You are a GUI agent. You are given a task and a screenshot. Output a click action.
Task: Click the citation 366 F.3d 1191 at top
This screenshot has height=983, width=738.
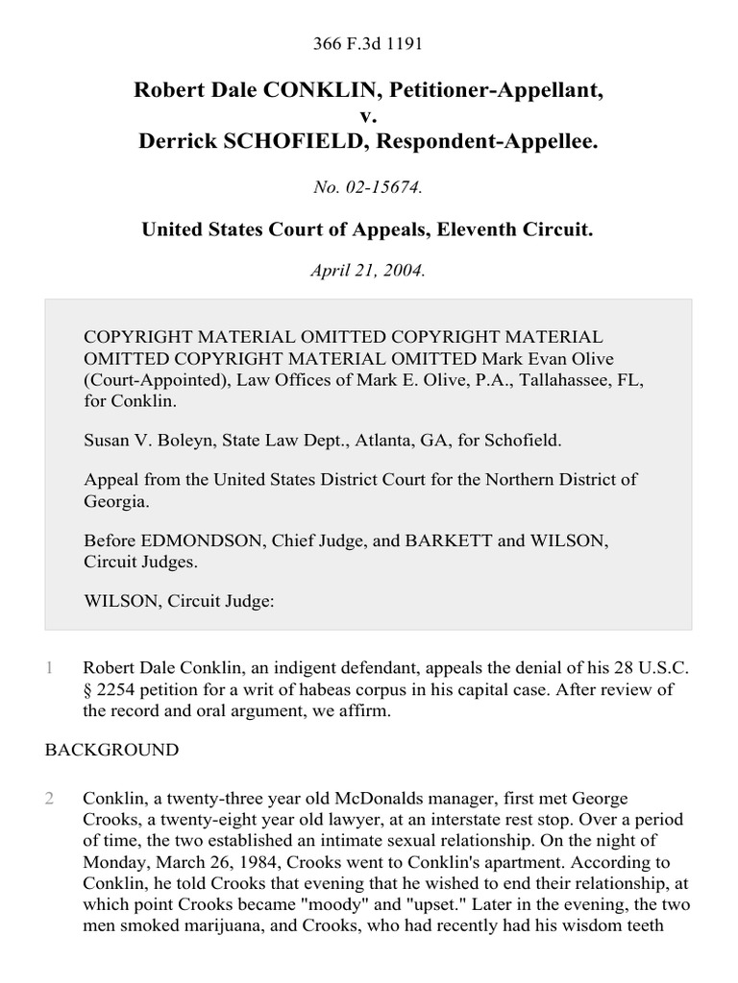[x=368, y=43]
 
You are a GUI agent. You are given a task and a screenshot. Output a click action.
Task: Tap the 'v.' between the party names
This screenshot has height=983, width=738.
[x=368, y=116]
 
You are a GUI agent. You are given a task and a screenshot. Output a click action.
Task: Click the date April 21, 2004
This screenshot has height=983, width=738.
[x=368, y=271]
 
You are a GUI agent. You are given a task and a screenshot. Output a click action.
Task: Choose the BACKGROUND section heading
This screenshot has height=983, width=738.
[x=111, y=749]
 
